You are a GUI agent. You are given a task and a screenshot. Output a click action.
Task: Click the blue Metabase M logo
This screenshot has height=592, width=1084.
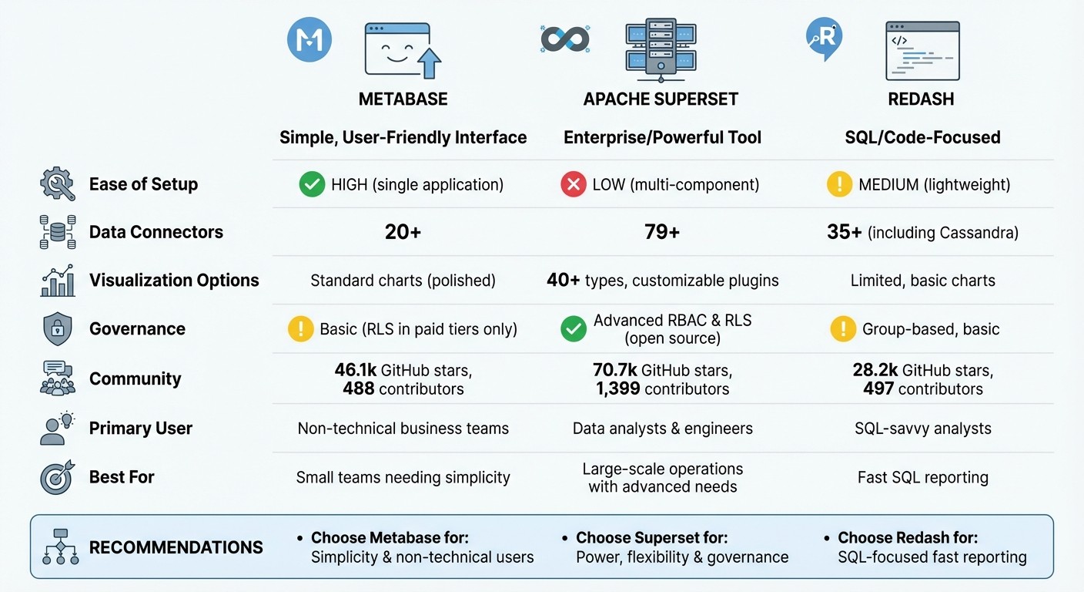pyautogui.click(x=309, y=39)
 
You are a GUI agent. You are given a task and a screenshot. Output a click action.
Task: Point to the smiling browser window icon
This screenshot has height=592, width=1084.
pyautogui.click(x=402, y=49)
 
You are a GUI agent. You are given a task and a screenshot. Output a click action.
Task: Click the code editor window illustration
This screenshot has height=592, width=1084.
pyautogui.click(x=922, y=51)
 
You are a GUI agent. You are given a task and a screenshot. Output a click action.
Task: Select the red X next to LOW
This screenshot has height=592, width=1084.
pyautogui.click(x=574, y=184)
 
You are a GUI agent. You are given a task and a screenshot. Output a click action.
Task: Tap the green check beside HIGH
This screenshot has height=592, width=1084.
pyautogui.click(x=312, y=184)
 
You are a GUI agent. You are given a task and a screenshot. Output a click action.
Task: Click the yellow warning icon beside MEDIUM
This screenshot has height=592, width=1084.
pyautogui.click(x=839, y=184)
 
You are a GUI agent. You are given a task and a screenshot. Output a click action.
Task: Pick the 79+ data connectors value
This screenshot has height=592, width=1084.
pyautogui.click(x=662, y=232)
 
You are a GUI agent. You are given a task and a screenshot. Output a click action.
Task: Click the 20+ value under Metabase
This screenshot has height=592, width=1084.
pyautogui.click(x=403, y=232)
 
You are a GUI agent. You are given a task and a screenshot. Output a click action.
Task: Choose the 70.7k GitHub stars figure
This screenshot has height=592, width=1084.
pyautogui.click(x=614, y=371)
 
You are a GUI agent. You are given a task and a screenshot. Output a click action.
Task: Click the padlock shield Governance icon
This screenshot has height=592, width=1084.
pyautogui.click(x=57, y=329)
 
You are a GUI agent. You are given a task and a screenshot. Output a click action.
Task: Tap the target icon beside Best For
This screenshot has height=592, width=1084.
pyautogui.click(x=57, y=477)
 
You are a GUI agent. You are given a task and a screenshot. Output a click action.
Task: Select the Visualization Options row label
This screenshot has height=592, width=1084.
pyautogui.click(x=174, y=280)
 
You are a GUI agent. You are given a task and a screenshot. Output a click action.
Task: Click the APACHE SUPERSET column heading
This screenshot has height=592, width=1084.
pyautogui.click(x=661, y=99)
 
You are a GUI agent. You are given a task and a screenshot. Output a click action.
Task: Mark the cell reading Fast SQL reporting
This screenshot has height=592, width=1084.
pyautogui.click(x=922, y=477)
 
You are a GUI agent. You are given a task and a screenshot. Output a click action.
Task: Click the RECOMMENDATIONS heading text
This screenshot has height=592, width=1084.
pyautogui.click(x=176, y=547)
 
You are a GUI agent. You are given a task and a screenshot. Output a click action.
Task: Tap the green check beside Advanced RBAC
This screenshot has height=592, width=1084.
pyautogui.click(x=574, y=329)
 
